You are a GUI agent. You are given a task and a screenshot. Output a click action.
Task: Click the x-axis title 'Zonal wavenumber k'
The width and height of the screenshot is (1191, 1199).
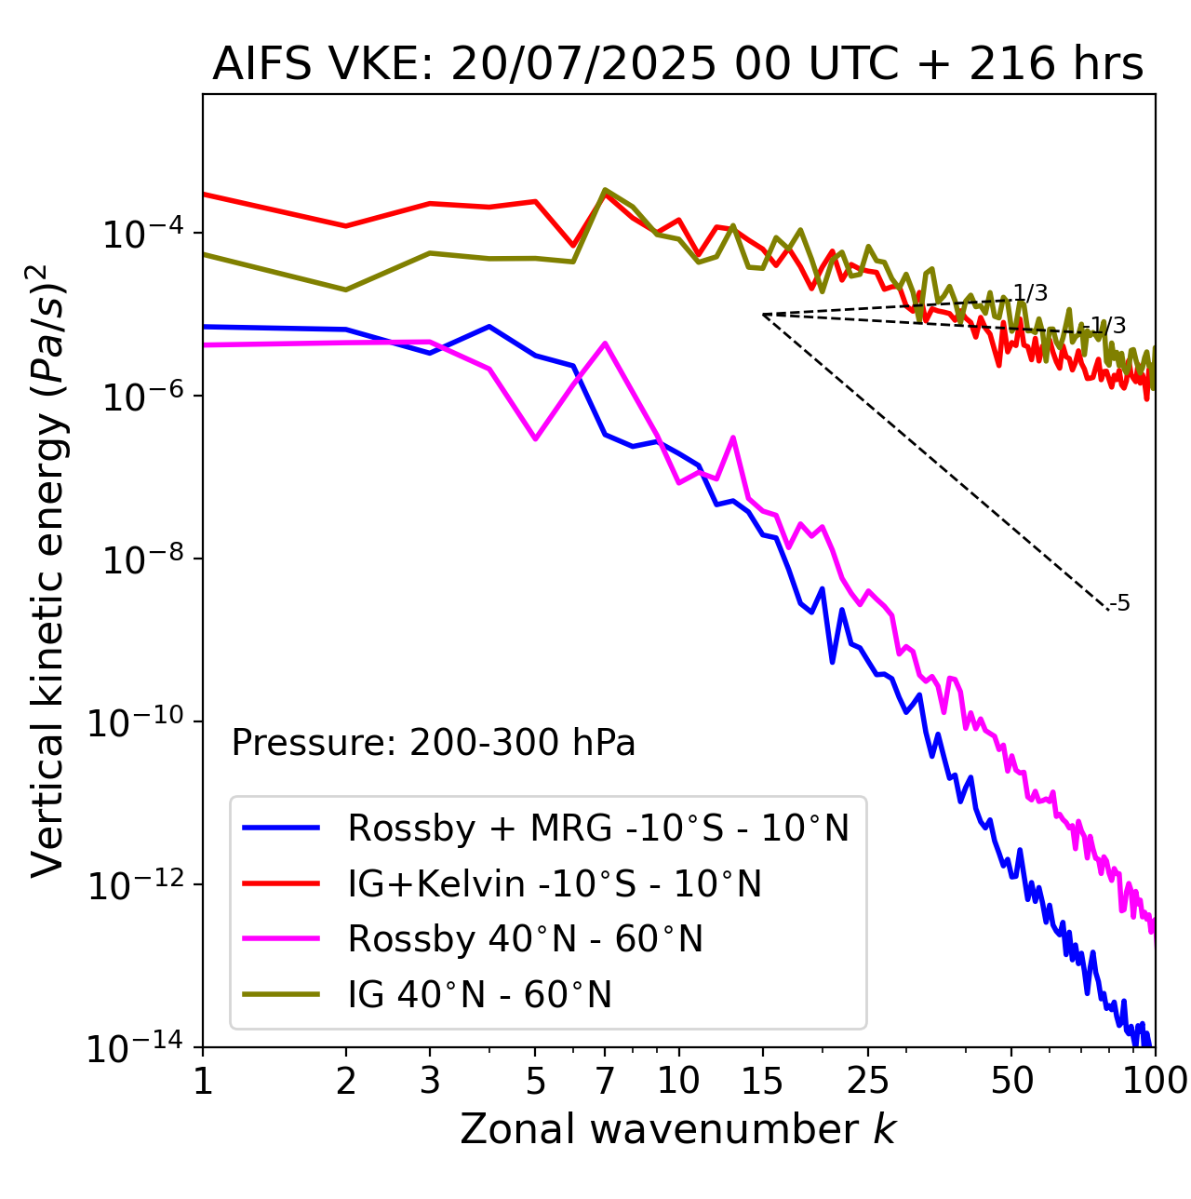coord(677,1128)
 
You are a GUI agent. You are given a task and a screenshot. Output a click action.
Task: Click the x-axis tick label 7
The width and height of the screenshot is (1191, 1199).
coord(605,1081)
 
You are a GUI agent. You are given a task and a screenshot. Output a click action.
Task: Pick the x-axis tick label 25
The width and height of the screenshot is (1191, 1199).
coord(867,1081)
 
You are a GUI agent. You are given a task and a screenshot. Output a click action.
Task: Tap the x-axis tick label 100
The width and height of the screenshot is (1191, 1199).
coord(1154,1081)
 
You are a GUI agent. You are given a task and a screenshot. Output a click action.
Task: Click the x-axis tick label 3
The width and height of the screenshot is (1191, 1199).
coord(430,1081)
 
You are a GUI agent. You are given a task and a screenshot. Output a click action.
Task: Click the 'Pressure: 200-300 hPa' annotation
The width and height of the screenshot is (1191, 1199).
coord(433,743)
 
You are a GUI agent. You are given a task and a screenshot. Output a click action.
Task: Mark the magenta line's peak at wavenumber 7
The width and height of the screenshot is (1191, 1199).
coord(605,344)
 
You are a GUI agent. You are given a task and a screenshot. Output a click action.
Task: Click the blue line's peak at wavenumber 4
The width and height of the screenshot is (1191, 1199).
coord(489,327)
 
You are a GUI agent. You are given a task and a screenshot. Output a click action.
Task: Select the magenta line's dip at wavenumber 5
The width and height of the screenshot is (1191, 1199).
coord(535,438)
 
